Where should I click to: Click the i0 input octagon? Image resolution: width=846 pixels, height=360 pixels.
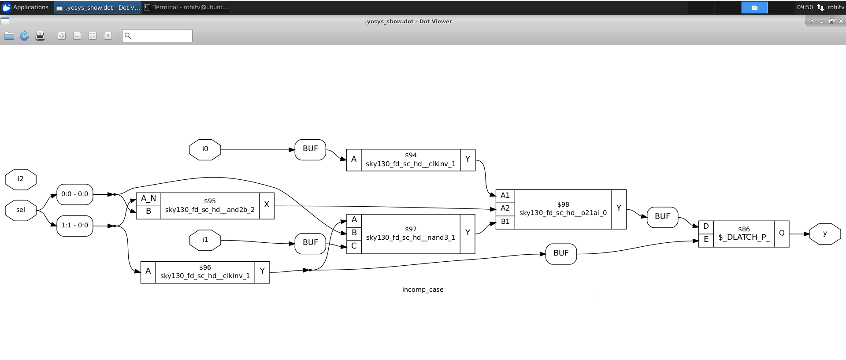205,149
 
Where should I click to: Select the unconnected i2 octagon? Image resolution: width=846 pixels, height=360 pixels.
21,179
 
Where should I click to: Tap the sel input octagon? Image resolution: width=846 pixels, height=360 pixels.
21,210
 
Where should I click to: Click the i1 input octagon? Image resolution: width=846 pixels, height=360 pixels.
205,240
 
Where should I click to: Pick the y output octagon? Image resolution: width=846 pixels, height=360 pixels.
825,234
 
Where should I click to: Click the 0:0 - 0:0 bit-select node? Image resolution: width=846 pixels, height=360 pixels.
75,194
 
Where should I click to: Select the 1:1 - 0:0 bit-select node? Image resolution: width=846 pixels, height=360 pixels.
75,226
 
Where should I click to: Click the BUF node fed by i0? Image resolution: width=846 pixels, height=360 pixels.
310,149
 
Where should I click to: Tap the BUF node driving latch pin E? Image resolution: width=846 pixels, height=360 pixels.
561,254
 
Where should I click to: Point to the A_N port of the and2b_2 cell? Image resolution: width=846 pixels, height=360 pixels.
148,199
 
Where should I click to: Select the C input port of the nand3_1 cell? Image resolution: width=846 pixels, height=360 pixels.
354,246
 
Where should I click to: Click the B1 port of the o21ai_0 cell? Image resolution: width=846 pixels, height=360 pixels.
505,222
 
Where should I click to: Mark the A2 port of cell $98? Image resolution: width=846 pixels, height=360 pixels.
505,208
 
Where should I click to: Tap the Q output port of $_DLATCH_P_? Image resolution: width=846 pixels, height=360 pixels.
781,234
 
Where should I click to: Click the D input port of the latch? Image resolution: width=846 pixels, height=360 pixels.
706,227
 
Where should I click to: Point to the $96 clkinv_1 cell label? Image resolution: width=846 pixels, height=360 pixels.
205,272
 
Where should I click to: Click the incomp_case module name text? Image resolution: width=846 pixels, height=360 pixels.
423,290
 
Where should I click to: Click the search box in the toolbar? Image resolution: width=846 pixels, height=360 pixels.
157,36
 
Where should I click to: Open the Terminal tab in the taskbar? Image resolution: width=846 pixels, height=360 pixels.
186,7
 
